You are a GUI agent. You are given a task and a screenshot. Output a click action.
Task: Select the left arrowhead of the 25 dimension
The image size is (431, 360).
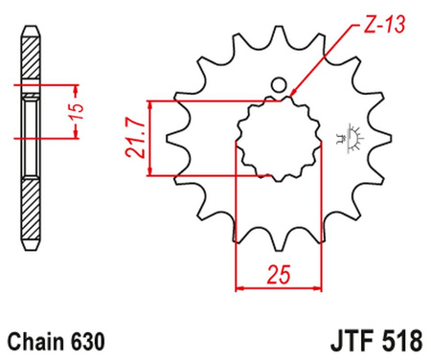point(240,285)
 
